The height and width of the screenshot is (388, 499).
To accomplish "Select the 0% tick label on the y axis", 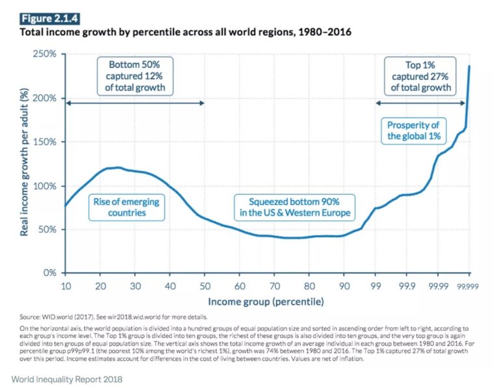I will pyautogui.click(x=51, y=273).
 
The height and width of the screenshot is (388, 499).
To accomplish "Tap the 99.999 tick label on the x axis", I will pyautogui.click(x=468, y=287).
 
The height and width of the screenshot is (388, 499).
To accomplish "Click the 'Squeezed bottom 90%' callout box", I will pyautogui.click(x=290, y=207).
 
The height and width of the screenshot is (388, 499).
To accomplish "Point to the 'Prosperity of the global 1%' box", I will pyautogui.click(x=414, y=131).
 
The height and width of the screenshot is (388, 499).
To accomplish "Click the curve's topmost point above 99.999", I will pyautogui.click(x=470, y=66).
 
